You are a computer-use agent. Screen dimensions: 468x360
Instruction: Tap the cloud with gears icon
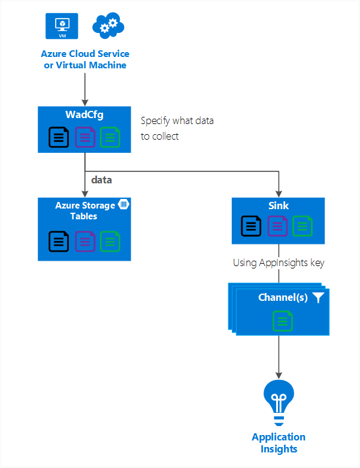coord(108,26)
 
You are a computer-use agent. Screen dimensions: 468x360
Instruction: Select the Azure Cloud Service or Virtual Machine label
coord(84,59)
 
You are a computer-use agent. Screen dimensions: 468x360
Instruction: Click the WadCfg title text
coord(84,115)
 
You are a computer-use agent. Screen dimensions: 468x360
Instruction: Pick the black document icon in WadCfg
coord(59,138)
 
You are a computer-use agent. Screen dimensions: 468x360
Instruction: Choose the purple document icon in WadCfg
coord(84,138)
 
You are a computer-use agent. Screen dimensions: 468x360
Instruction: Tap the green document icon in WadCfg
coord(110,138)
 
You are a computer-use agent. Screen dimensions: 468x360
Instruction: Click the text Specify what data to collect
coord(177,128)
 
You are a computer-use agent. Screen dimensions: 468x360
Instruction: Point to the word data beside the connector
coord(101,179)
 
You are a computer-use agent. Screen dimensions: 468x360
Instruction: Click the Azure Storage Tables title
coord(84,210)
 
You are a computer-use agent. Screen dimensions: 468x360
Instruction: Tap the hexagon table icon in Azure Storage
coord(124,204)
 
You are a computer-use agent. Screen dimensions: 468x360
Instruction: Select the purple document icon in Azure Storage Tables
coord(84,241)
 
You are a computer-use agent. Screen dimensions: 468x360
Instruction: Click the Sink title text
coord(279,206)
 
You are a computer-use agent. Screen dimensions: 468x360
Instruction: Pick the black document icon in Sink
coord(252,226)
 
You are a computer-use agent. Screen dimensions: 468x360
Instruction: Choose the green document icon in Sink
coord(302,226)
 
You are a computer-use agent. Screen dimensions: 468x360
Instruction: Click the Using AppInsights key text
coord(278,262)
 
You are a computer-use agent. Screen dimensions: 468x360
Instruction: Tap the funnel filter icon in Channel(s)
coord(318,298)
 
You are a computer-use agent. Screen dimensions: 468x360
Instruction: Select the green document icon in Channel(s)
coord(282,321)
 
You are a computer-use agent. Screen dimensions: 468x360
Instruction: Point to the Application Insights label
coord(279,443)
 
